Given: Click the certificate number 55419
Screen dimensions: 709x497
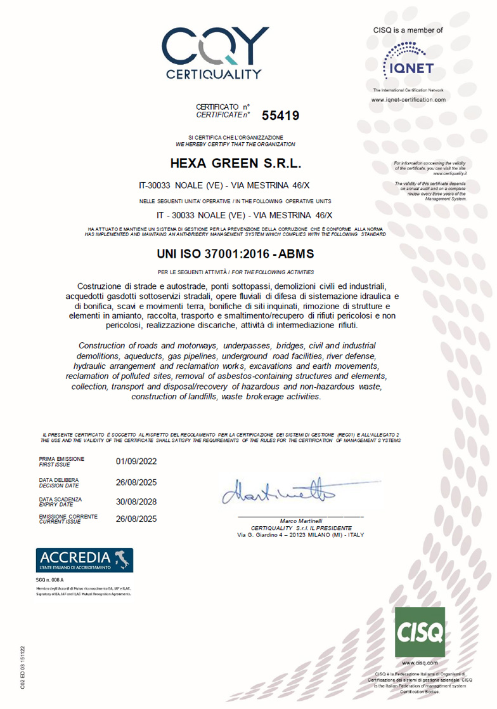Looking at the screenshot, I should click(280, 116).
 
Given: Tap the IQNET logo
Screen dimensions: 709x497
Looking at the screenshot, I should click(408, 61).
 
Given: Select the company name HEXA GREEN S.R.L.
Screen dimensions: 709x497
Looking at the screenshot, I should click(235, 164).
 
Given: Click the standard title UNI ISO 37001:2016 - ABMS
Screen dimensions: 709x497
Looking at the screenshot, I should click(235, 254).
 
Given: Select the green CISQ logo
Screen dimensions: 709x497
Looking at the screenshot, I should click(420, 632).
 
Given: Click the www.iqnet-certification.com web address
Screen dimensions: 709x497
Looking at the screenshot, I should click(408, 100).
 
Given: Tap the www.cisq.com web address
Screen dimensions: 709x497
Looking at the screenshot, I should click(420, 663).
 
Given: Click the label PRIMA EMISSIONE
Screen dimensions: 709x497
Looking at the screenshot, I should click(61, 458).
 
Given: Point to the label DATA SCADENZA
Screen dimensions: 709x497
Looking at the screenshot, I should click(61, 499).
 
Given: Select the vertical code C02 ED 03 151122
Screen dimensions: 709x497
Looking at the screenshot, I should click(23, 666).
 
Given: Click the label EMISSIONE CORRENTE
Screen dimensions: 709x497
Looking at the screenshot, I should click(68, 517).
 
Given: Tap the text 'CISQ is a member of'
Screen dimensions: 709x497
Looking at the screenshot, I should click(408, 30).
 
